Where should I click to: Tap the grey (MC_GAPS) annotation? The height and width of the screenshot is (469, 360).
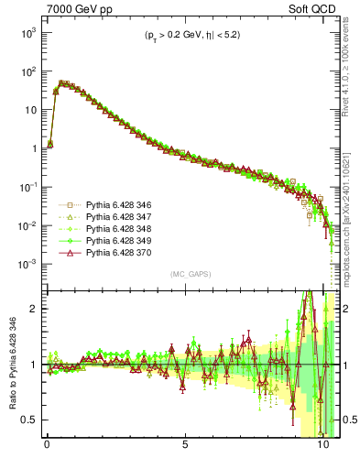(x=187, y=274)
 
